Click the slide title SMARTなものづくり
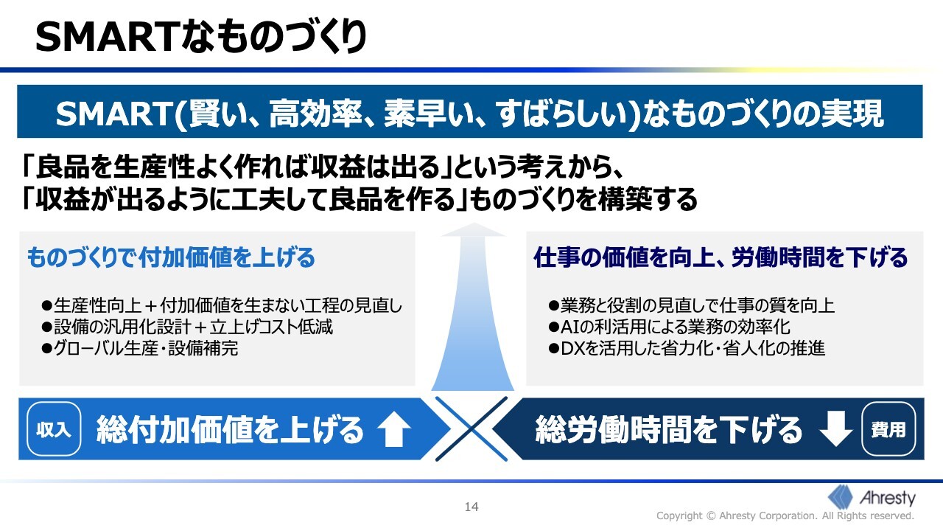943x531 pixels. [x=201, y=37]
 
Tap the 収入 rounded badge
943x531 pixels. [x=54, y=429]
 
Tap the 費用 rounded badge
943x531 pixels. [x=888, y=429]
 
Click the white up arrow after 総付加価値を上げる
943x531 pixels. [x=394, y=429]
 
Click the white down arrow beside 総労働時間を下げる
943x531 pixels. [x=836, y=429]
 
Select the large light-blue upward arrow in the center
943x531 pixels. [x=473, y=306]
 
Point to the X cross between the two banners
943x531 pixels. [x=471, y=429]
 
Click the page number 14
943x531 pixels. [x=471, y=507]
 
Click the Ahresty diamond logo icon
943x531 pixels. [x=841, y=497]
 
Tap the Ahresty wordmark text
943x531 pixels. [x=888, y=498]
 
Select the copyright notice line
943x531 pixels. [x=785, y=516]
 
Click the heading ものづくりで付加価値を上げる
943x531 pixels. [x=171, y=257]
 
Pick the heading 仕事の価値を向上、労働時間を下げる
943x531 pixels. [x=721, y=257]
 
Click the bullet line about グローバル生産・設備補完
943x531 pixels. [x=140, y=349]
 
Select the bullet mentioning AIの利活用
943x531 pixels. [x=669, y=327]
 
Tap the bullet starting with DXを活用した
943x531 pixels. [x=687, y=349]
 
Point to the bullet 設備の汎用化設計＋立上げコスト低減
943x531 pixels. [x=187, y=327]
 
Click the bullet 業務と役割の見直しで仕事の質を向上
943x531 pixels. [x=691, y=305]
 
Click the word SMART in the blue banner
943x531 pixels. [x=113, y=114]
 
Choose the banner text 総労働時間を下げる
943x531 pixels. [x=668, y=429]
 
